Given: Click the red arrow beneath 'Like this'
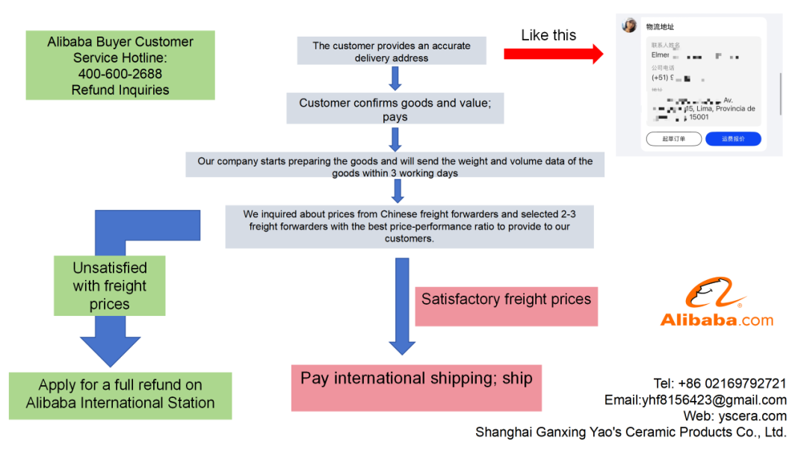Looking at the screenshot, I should coord(553,54).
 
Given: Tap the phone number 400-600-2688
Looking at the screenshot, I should coord(120,74).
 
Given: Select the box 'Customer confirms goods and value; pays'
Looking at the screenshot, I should coord(395,109).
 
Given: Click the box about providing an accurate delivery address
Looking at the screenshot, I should coord(392,52).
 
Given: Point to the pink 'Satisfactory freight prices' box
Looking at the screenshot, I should coord(506,299).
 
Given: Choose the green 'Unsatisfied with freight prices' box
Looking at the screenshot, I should coord(110,286).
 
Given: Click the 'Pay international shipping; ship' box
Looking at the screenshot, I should coord(416,379).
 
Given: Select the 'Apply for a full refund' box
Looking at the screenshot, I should coord(120,394).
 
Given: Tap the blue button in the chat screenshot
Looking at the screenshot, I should coord(733,139).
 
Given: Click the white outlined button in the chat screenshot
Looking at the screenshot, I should coord(673,139).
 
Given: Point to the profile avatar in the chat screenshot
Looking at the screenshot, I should coord(629,26).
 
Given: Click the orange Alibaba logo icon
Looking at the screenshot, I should coord(715,294).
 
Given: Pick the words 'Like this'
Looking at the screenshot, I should coord(548,35).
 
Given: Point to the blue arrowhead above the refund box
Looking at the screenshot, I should coord(110,349).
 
